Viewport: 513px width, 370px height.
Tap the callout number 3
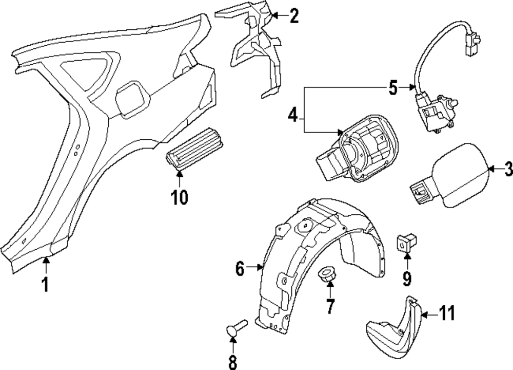coord(507,169)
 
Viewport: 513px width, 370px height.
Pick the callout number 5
coord(392,88)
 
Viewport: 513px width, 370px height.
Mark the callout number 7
coord(329,307)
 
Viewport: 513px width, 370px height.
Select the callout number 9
coord(407,278)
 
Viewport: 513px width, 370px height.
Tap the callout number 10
coord(180,196)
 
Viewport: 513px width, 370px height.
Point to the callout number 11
coord(447,313)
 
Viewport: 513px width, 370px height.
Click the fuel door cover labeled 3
coord(458,176)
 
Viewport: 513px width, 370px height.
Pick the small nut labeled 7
coord(327,275)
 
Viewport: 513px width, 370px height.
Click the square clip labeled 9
coord(406,241)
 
